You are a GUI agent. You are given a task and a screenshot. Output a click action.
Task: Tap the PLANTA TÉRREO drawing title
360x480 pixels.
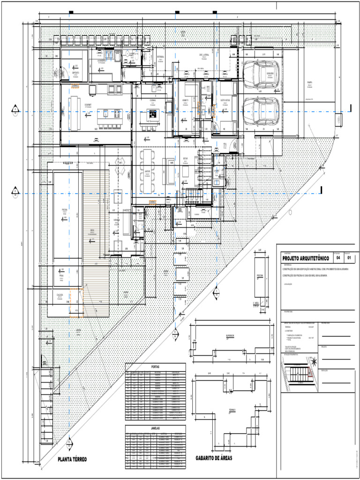tap(72, 459)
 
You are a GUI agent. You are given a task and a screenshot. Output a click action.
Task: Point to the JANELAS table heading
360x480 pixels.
tap(155, 428)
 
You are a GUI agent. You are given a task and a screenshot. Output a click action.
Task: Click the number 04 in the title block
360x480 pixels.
tap(338, 258)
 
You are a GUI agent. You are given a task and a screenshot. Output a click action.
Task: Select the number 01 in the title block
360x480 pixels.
tap(350, 258)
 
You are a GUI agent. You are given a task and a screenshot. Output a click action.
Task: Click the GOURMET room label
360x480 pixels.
tap(88, 105)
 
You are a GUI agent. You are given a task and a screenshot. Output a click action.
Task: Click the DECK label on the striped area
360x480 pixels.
tap(92, 230)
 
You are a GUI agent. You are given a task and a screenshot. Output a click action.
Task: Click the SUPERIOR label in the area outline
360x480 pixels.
tap(230, 336)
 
